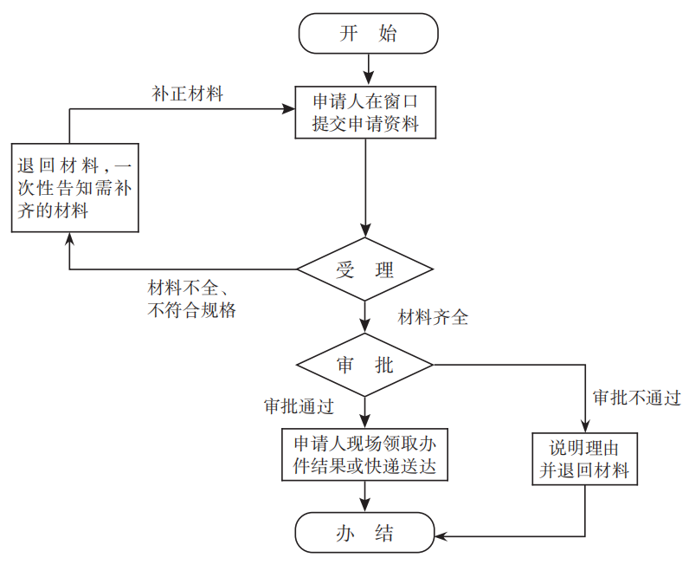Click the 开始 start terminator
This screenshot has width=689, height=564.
[368, 34]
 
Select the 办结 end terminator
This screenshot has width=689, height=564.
[364, 532]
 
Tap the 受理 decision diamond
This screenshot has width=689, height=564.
[365, 269]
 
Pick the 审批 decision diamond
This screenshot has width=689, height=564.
[365, 365]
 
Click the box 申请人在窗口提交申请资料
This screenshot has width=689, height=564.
[365, 112]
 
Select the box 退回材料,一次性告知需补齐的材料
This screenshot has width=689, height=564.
[74, 188]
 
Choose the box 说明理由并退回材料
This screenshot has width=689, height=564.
[585, 460]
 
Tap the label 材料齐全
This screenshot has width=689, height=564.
[433, 317]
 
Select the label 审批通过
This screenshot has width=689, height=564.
[299, 405]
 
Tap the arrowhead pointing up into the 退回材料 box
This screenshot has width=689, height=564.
[69, 240]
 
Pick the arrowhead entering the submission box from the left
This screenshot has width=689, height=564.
[288, 109]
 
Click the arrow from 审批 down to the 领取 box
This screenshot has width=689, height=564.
[365, 411]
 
